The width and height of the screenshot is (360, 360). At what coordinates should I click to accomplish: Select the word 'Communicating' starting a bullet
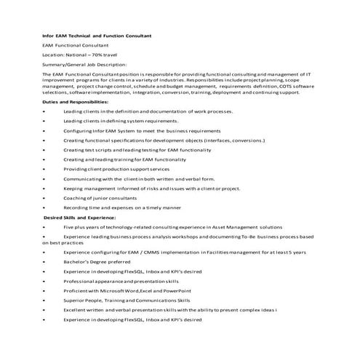[x=84, y=178]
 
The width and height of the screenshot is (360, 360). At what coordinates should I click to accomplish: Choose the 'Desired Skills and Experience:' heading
[x=79, y=217]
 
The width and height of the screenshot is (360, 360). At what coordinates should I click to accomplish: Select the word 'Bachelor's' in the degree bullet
[x=78, y=261]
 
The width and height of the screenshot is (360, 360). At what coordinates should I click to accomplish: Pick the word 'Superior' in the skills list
[x=75, y=300]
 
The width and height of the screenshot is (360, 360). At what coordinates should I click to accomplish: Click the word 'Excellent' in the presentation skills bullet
[x=76, y=310]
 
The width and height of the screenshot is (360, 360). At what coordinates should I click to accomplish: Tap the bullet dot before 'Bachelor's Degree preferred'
[x=44, y=261]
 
